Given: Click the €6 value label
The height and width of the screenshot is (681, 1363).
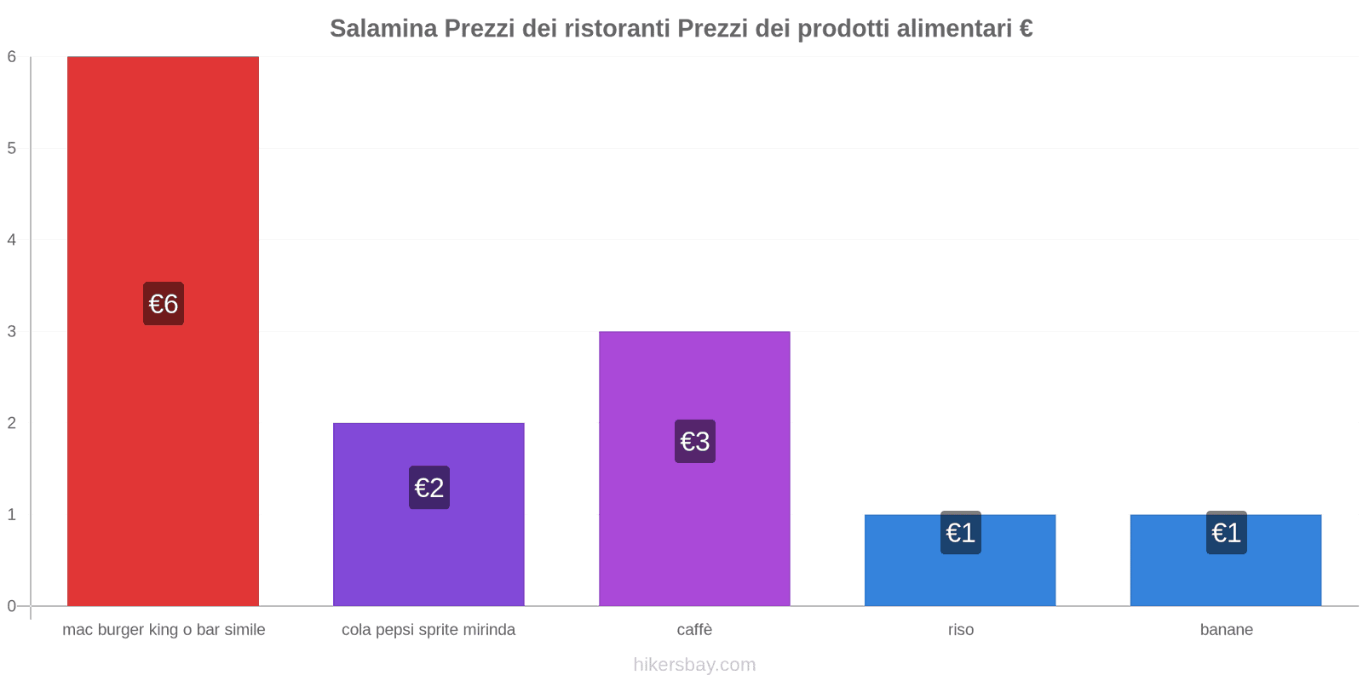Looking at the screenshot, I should pos(164,304).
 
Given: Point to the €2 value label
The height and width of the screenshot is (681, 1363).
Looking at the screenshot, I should pos(429,488).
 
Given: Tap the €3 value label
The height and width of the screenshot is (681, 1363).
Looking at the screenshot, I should pos(695,442).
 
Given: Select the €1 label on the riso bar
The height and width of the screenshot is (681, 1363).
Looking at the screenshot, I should pos(961,533).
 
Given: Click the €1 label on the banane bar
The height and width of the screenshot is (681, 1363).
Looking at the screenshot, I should pos(1227,533).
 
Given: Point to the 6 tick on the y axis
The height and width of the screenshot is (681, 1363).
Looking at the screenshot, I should pos(12,57).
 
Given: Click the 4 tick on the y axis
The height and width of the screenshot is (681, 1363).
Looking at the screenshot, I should pos(12,240).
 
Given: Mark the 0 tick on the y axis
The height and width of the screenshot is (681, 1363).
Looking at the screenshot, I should pos(12,606).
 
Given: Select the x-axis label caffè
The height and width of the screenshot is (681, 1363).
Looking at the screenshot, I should pos(694,630).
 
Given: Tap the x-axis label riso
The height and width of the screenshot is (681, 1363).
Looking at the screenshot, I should pos(961,630).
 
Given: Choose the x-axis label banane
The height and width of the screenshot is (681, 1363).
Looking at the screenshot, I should pos(1226,630).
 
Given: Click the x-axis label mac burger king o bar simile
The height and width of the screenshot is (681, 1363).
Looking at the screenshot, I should pos(164,630).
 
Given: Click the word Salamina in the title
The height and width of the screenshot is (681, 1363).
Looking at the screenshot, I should pos(383,29).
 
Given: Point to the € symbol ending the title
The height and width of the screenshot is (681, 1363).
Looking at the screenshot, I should pos(1026,29).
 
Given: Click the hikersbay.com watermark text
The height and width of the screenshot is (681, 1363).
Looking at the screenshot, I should pos(694,665).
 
